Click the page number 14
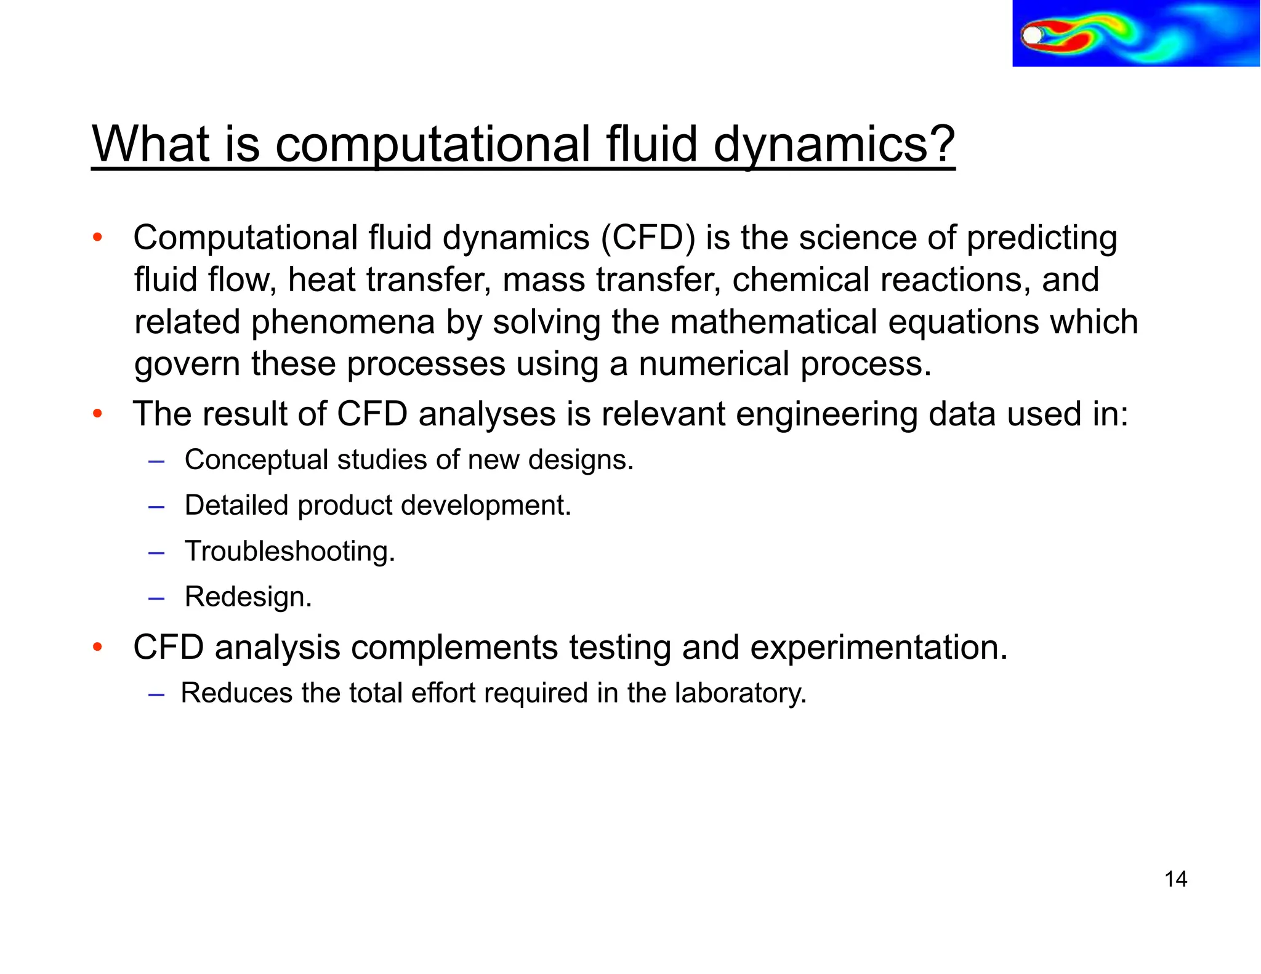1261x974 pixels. pos(1175,879)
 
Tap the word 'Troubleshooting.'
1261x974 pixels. pos(290,551)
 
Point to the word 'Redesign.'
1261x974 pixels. pos(248,597)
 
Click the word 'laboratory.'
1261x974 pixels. pos(740,693)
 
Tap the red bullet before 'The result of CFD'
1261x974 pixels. pos(97,414)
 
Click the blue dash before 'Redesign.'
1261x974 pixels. pos(156,598)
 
